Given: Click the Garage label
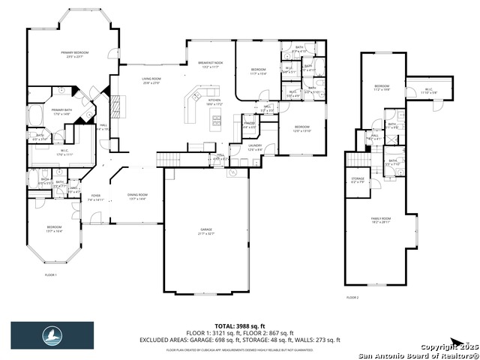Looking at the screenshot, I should click(206, 232).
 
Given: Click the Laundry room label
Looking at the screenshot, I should click(255, 148).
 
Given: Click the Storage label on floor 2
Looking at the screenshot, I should click(357, 180).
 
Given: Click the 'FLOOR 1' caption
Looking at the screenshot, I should click(50, 275).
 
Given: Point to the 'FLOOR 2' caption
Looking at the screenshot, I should click(352, 298).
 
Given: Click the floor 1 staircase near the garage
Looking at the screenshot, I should click(167, 159).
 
